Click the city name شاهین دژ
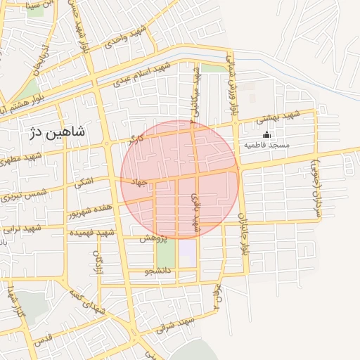click(56, 131)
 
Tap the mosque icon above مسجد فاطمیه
click(266, 135)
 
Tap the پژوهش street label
click(153, 238)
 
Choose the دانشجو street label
click(158, 271)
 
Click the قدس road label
click(44, 338)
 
